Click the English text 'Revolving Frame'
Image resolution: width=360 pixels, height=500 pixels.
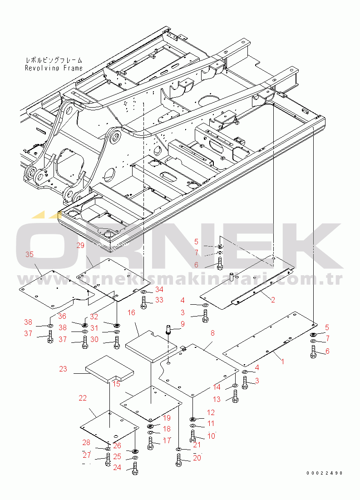click(x=54, y=68)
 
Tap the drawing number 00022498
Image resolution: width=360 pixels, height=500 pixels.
click(x=324, y=473)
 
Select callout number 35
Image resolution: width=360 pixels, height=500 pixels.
click(x=30, y=255)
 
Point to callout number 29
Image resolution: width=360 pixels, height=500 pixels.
click(x=81, y=246)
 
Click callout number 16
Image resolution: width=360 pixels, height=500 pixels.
click(x=131, y=313)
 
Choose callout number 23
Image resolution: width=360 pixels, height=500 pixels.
click(x=63, y=369)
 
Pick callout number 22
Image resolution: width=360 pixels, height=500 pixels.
click(x=83, y=398)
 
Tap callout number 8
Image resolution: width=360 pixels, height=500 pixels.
click(x=212, y=333)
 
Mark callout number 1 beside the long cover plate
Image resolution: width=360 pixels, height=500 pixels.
click(x=282, y=362)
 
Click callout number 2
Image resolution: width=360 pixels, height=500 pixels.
click(x=273, y=300)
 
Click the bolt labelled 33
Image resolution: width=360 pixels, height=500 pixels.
click(x=144, y=302)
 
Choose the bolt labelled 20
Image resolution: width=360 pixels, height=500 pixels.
click(x=178, y=460)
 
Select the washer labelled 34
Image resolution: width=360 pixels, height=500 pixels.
click(x=143, y=292)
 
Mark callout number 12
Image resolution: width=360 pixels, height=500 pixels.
click(x=211, y=412)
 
